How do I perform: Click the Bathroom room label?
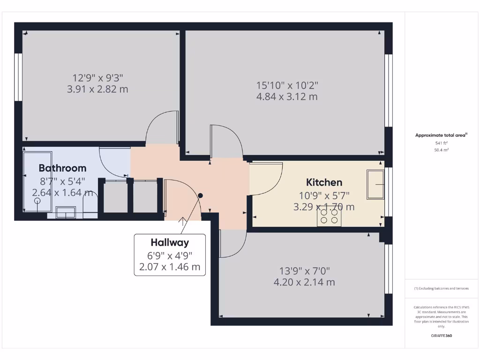pos(62,168)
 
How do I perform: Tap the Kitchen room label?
pos(324,182)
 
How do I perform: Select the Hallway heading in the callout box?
pos(170,242)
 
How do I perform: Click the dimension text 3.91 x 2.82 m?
pos(97,89)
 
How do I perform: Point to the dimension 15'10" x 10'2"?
pos(287,85)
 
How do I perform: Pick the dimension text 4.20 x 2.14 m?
pos(304,282)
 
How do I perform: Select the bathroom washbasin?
pos(65,212)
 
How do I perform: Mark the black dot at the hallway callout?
pos(201,195)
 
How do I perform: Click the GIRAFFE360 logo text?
pos(441,336)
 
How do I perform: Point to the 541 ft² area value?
pos(441,143)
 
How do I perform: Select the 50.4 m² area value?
pos(441,150)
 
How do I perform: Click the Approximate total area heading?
pos(441,135)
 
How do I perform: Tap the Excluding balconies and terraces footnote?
pos(441,289)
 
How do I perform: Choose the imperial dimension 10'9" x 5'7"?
pos(324,196)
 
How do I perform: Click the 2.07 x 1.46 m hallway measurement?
pos(170,267)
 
